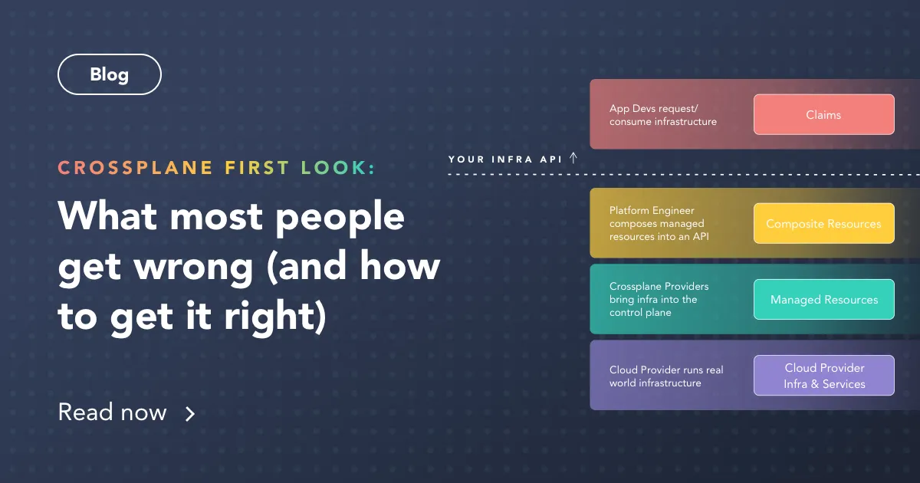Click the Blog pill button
tap(109, 75)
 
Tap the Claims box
tap(823, 115)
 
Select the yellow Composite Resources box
tap(823, 224)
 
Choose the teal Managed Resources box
tap(823, 300)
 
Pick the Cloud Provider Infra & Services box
tap(823, 376)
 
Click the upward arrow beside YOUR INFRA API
tap(573, 158)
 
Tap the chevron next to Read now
tap(190, 414)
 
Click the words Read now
tap(113, 412)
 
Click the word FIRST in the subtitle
tap(257, 168)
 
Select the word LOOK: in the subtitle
tap(338, 168)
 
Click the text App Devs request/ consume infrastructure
tap(663, 115)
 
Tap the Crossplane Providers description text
tap(659, 300)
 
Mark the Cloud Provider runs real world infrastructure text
tap(666, 376)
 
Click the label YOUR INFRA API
tap(506, 159)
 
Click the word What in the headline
tap(107, 216)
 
